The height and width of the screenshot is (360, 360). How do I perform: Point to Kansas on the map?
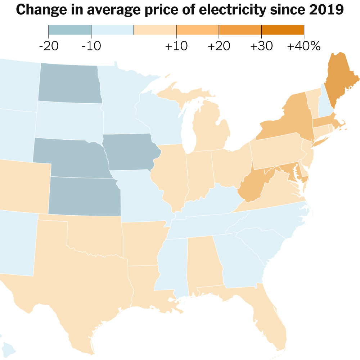pyautogui.click(x=85, y=196)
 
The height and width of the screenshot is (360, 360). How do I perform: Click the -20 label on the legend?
pyautogui.click(x=48, y=46)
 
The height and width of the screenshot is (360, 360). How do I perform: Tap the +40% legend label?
pyautogui.click(x=303, y=46)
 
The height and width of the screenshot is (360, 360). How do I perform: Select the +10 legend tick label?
pyautogui.click(x=176, y=46)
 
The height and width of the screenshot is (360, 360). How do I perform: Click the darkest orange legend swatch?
pyautogui.click(x=283, y=30)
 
